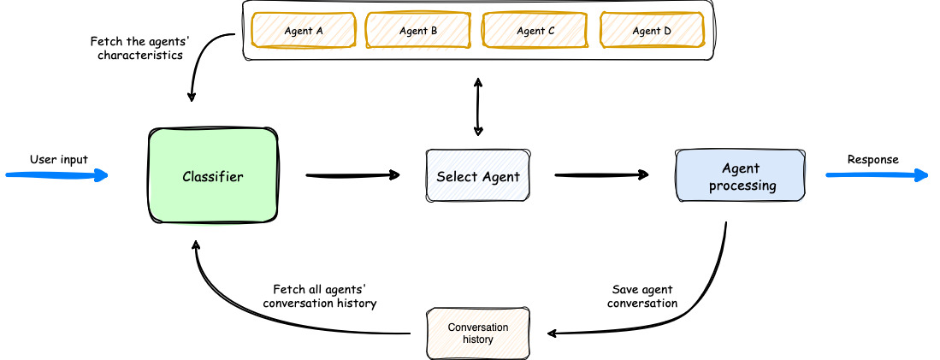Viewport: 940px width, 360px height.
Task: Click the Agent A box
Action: pos(303,31)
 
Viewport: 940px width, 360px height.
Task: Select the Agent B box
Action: pos(418,31)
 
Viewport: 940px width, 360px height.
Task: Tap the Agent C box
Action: pos(535,31)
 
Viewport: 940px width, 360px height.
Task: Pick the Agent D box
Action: pos(652,31)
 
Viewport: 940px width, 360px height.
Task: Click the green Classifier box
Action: pos(213,177)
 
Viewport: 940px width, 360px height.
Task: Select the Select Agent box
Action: pos(477,177)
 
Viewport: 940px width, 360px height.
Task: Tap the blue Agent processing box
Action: pos(741,177)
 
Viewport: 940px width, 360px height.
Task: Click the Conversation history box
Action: pos(477,333)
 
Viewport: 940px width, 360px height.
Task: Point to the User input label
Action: pos(59,159)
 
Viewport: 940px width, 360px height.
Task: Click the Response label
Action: pos(872,159)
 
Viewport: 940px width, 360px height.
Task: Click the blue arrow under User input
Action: pos(56,175)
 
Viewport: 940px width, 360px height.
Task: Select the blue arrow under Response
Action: pos(876,175)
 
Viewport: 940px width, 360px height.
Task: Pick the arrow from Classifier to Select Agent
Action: pos(352,176)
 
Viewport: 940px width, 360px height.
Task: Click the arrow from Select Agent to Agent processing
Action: pos(600,176)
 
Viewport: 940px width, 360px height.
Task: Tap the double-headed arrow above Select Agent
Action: pos(477,107)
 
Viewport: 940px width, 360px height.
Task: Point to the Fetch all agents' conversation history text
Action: pos(320,297)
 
